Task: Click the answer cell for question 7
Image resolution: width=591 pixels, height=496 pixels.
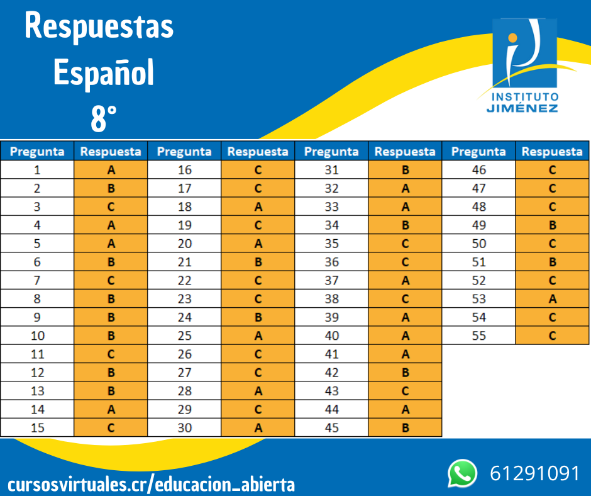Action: click(111, 280)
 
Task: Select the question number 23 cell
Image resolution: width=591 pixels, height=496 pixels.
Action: click(184, 299)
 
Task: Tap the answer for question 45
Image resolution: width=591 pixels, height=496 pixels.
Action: click(405, 428)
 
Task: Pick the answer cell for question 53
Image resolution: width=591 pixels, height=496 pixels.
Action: click(552, 299)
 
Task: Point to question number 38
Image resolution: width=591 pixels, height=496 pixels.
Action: click(331, 299)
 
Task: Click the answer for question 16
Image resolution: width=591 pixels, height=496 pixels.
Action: click(258, 170)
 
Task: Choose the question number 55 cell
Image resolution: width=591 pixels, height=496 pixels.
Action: click(478, 335)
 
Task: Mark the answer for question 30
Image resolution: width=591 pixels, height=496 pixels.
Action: click(258, 428)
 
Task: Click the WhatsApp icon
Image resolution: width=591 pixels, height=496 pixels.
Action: click(462, 473)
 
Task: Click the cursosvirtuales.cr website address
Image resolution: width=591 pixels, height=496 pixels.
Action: click(151, 485)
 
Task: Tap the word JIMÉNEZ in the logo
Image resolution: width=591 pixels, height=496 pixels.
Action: click(522, 108)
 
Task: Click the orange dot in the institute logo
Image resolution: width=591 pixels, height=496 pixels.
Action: click(512, 38)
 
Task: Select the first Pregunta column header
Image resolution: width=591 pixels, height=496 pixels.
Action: click(37, 152)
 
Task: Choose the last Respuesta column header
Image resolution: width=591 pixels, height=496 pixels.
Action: click(552, 152)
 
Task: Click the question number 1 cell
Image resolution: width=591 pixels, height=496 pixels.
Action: click(37, 170)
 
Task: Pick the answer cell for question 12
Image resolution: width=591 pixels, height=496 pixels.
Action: click(111, 373)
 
